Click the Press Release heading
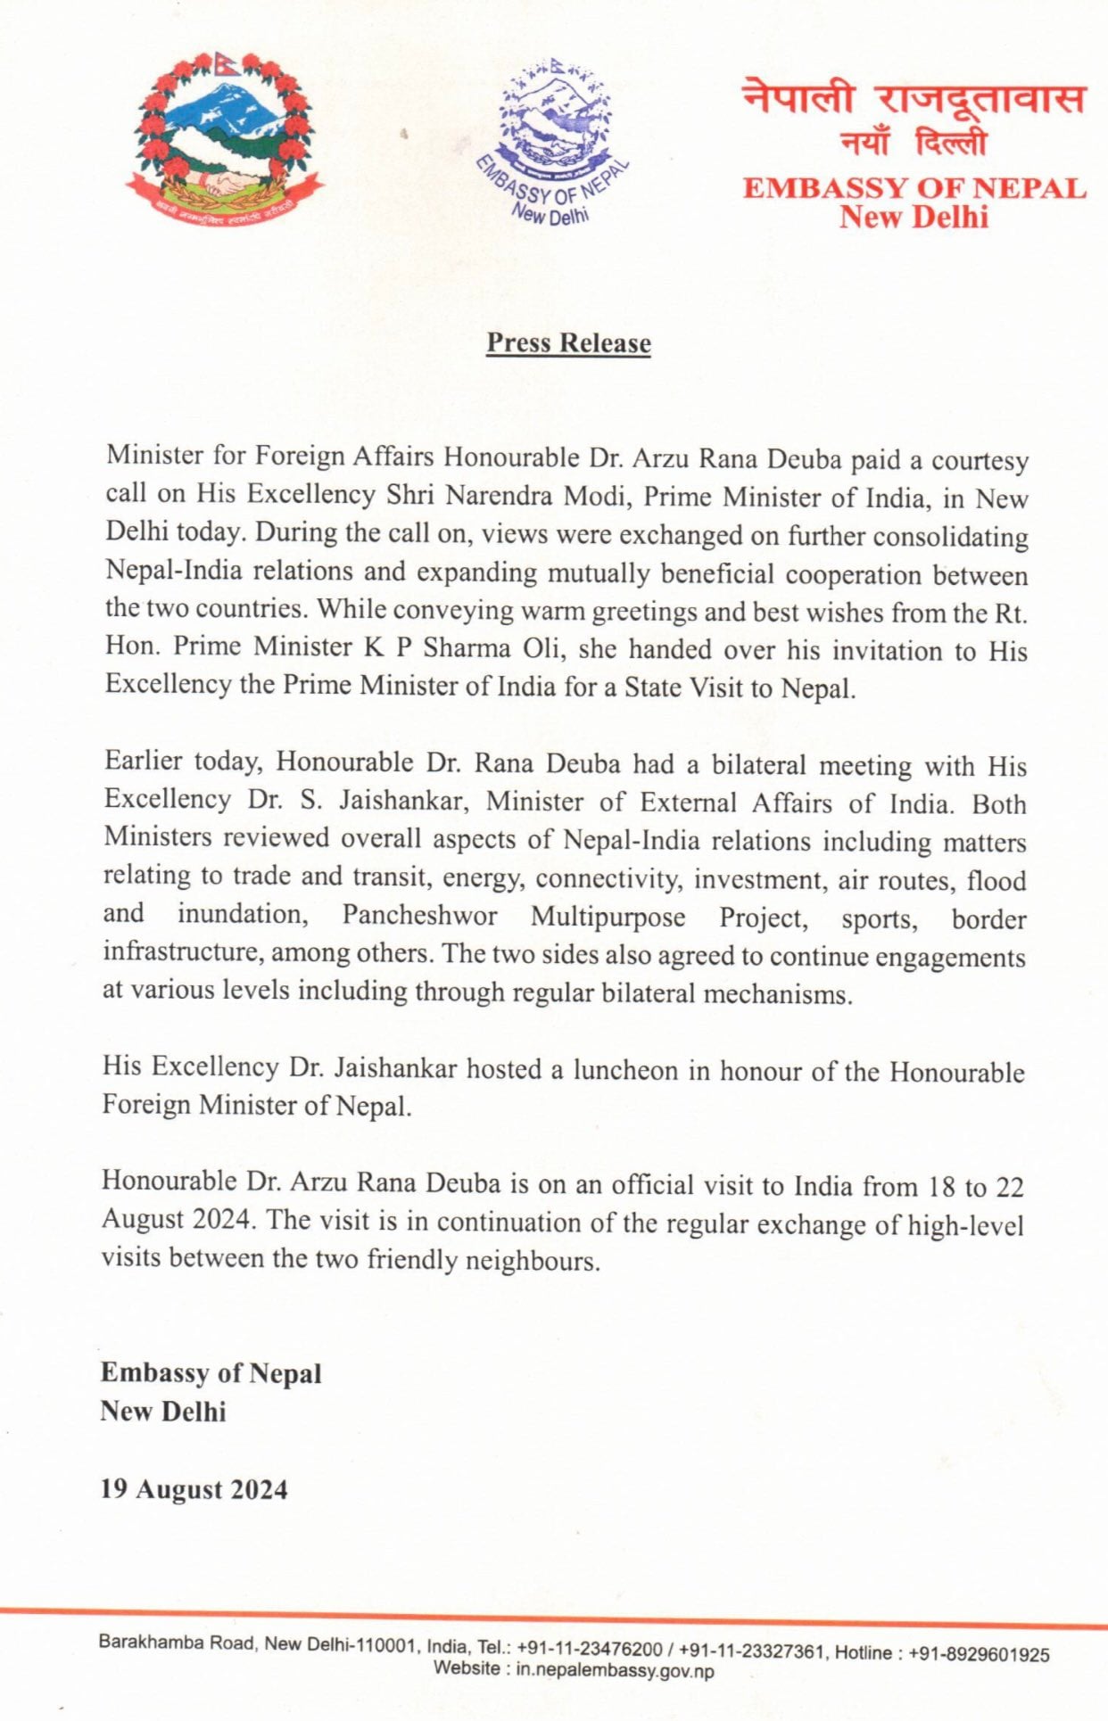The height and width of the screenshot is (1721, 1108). click(568, 343)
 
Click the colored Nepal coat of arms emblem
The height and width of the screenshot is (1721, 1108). click(226, 138)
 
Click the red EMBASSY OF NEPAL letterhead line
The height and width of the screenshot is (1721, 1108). click(914, 188)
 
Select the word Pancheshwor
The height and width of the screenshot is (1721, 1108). click(419, 916)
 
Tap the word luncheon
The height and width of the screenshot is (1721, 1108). click(624, 1069)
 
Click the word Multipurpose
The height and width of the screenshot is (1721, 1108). click(608, 917)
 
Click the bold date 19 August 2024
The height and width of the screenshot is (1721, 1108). click(194, 1490)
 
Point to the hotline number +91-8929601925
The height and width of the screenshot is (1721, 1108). click(979, 1654)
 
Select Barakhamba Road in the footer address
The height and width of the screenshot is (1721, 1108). click(176, 1643)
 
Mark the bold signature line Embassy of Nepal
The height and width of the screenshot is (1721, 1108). click(211, 1373)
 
